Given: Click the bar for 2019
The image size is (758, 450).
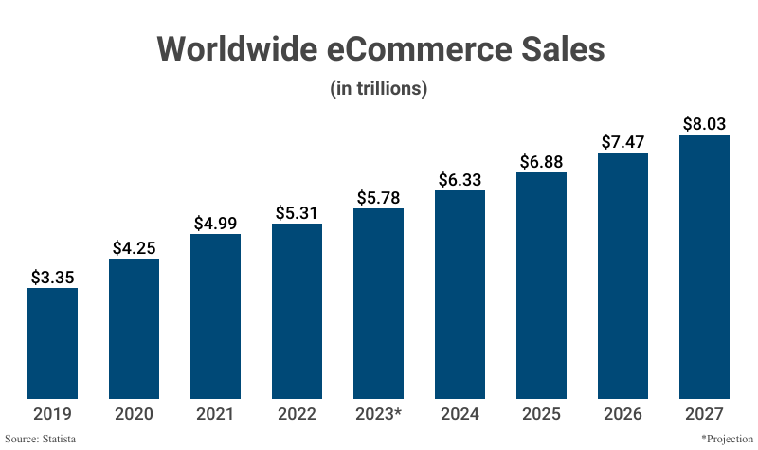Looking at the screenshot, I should click(52, 343).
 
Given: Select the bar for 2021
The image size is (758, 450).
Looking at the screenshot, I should click(215, 315).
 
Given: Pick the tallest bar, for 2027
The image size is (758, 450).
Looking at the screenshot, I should click(704, 266).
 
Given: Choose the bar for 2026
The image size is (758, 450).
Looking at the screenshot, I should click(623, 275).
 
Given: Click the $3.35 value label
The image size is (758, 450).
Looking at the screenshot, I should click(52, 278).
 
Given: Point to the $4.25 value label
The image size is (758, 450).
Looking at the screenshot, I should click(134, 248).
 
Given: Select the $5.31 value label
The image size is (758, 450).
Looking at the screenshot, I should click(297, 213).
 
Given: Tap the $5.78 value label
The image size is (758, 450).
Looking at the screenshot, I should click(378, 198).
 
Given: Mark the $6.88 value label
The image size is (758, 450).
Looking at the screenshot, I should click(541, 162).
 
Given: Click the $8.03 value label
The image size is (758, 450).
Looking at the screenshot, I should click(704, 124).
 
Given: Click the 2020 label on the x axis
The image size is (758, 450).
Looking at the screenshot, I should click(134, 414).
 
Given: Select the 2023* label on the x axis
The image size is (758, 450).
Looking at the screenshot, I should click(378, 414).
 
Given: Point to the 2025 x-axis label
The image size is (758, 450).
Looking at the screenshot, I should click(541, 414).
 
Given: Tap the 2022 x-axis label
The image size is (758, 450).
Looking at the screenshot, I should click(297, 414).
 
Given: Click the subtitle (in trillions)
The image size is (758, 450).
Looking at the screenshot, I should click(379, 89).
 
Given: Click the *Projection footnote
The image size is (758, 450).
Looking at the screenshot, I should click(727, 439).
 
